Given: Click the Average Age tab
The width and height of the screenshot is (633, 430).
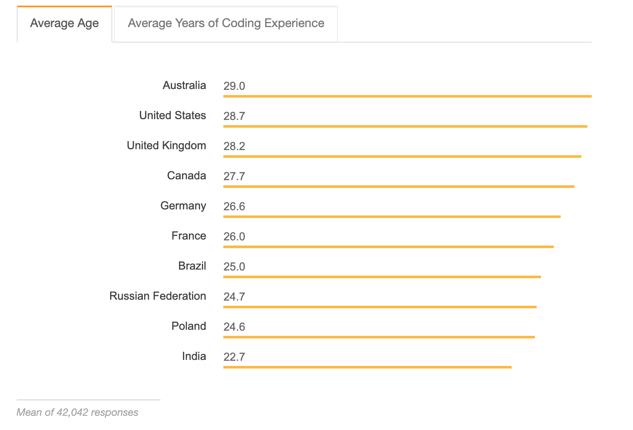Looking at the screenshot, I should point(65,23).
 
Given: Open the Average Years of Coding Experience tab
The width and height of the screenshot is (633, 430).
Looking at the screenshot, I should point(226,23).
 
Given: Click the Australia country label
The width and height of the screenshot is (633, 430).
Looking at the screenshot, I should point(184,85).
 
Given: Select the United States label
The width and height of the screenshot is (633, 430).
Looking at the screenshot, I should point(173,115).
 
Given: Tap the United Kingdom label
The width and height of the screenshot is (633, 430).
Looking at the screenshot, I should point(166,145).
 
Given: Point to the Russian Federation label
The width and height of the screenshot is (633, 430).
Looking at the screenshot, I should point(157,296).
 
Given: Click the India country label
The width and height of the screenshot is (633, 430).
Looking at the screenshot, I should point(194,356).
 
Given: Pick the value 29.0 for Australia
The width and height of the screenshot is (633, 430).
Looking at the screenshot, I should point(234,86).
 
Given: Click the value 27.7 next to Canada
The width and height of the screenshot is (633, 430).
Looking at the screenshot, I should point(234,176).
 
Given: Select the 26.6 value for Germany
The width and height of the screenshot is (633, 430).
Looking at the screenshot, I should point(234,206).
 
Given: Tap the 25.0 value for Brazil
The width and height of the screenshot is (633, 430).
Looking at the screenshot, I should point(234,267).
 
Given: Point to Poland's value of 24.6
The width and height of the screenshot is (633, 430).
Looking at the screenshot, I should point(234,327).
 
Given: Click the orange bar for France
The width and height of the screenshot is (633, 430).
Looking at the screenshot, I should point(388,247).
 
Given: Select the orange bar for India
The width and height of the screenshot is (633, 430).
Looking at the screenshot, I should point(367,367).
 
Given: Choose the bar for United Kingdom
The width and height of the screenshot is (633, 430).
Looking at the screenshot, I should point(402,157).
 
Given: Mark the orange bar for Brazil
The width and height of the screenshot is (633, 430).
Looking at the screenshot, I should point(382,277).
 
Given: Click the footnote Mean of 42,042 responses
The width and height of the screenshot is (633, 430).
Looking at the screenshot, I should point(77,412).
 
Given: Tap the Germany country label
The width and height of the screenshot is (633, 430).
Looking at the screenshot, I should point(183,206).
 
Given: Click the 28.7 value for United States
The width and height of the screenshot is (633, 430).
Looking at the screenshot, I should point(234,116).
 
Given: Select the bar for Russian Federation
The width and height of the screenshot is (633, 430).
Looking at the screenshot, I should point(380,307).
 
